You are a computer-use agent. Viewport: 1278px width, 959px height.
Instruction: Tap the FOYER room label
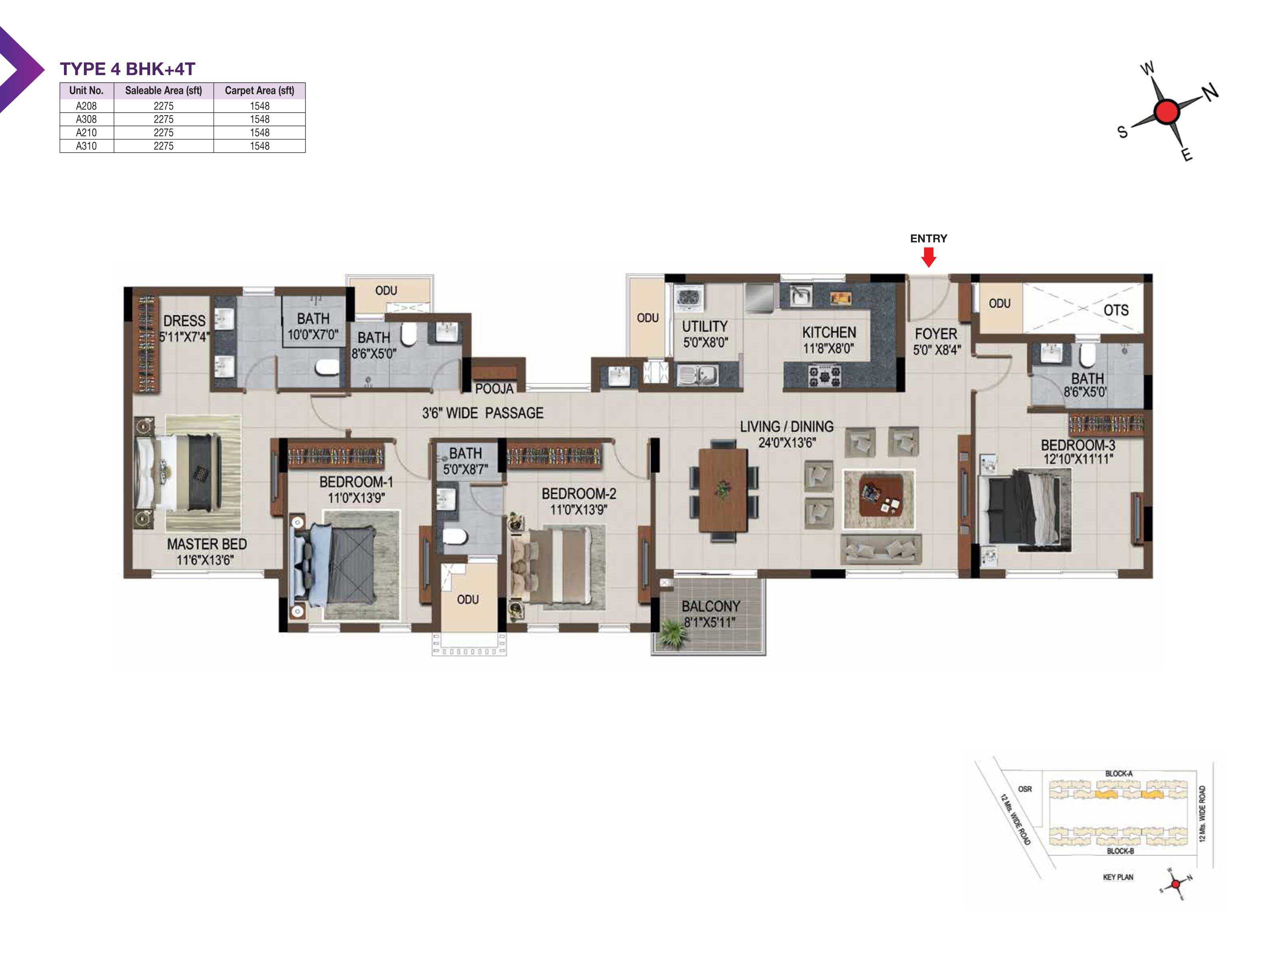pyautogui.click(x=936, y=334)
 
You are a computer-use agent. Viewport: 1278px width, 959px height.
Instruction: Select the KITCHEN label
pyautogui.click(x=829, y=332)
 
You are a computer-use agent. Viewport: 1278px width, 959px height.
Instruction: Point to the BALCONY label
pyautogui.click(x=710, y=607)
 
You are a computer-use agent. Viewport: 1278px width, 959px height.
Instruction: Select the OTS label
pyautogui.click(x=1115, y=310)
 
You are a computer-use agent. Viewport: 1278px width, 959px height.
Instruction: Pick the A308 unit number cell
pyautogui.click(x=87, y=119)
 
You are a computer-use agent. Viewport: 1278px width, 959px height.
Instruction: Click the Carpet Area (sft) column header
pyautogui.click(x=260, y=91)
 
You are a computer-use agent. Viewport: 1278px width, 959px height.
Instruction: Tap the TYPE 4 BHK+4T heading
pyautogui.click(x=128, y=69)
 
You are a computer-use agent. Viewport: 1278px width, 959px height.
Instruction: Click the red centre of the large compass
pyautogui.click(x=1167, y=111)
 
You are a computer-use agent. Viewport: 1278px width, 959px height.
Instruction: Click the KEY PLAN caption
pyautogui.click(x=1118, y=877)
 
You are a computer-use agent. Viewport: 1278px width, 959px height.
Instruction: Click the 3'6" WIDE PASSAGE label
pyautogui.click(x=482, y=413)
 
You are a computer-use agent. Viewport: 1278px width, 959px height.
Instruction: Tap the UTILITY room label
pyautogui.click(x=705, y=326)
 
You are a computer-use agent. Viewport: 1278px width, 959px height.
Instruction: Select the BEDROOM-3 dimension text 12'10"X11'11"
pyautogui.click(x=1078, y=459)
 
